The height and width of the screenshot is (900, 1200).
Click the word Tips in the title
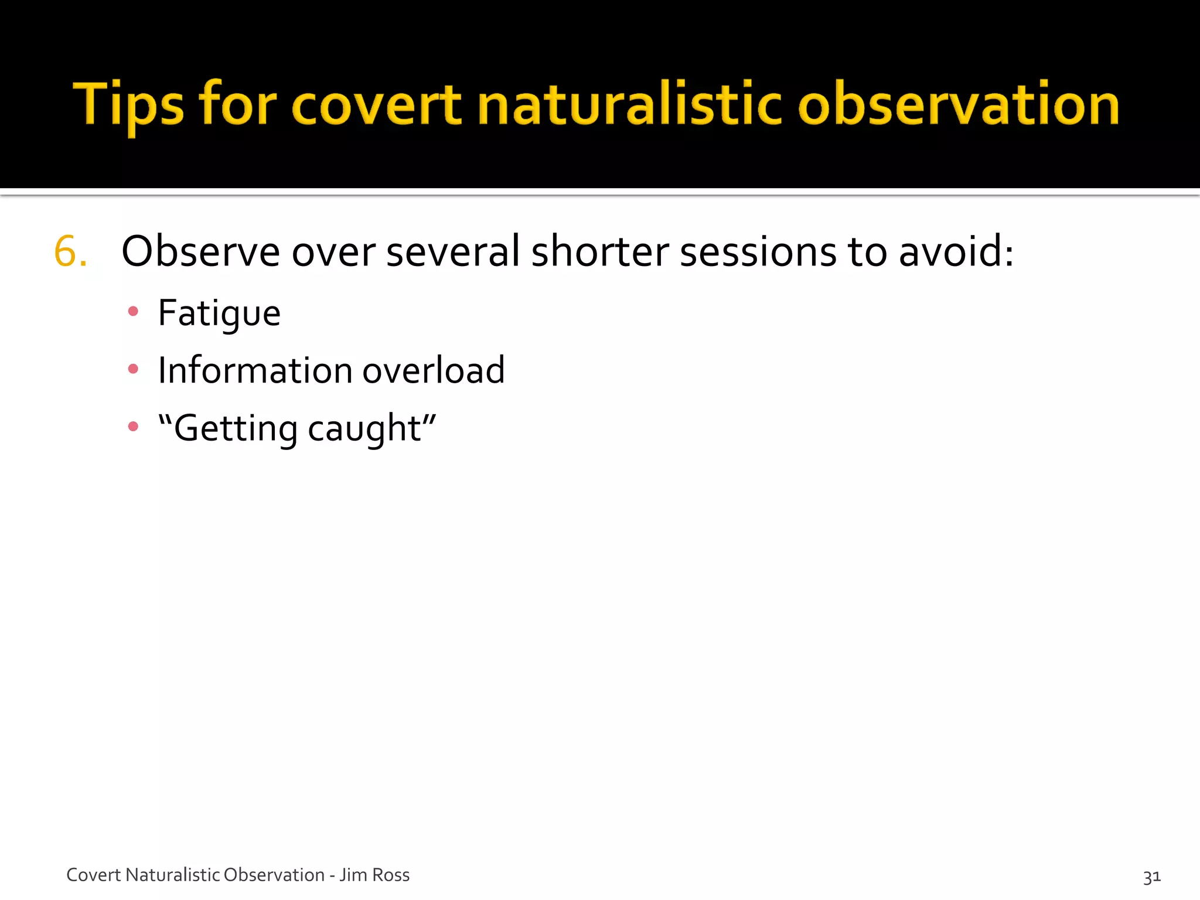pyautogui.click(x=128, y=105)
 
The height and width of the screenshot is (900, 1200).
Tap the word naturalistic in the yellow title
pyautogui.click(x=630, y=105)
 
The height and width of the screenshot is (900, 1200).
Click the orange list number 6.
pyautogui.click(x=70, y=252)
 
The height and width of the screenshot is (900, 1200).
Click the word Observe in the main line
pyautogui.click(x=200, y=252)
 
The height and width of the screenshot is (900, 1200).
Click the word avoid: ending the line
pyautogui.click(x=956, y=252)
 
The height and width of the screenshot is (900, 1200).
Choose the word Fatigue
pyautogui.click(x=219, y=313)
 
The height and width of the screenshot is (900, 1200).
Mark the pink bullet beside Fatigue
pyautogui.click(x=133, y=312)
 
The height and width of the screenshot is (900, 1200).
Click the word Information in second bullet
pyautogui.click(x=255, y=370)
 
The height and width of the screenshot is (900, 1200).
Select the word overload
pyautogui.click(x=434, y=370)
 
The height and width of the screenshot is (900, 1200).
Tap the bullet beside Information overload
pyautogui.click(x=133, y=369)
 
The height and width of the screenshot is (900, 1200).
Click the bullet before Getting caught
pyautogui.click(x=133, y=427)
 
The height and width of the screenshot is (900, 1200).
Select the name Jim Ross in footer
pyautogui.click(x=375, y=875)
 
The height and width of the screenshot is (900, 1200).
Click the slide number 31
pyautogui.click(x=1151, y=877)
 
